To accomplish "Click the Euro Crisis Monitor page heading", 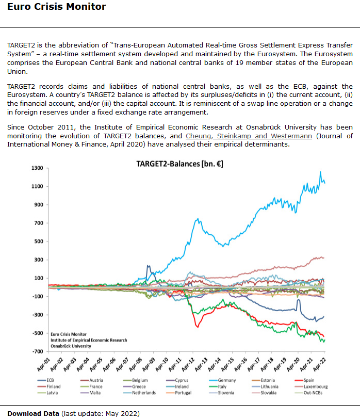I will coord(57,7).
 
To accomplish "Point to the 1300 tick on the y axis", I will coord(37,168).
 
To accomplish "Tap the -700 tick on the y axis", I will coord(37,351).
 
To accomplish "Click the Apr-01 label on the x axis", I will coord(43,364).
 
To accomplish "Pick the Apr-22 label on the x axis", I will coord(320,364).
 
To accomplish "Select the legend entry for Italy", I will coord(222,386).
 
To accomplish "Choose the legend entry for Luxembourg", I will coord(316,386).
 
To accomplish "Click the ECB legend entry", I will coord(50,380).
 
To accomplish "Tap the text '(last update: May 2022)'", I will coord(100,413).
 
